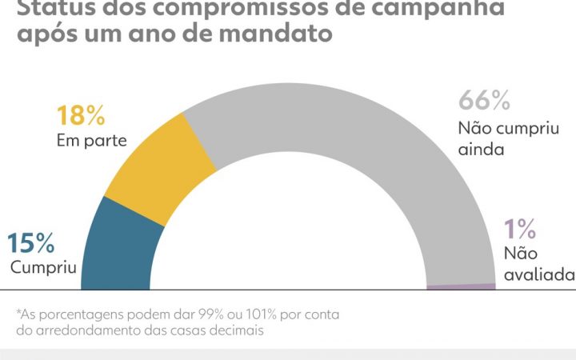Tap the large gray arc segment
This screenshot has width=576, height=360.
336,120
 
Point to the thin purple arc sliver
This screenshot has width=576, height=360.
461,286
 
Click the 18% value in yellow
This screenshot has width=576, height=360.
80,115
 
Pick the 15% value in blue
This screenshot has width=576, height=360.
31,242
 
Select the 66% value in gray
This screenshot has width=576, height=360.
484,101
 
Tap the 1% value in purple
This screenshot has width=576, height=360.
520,230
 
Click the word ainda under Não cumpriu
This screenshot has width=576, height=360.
481,148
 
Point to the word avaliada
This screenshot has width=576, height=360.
539,274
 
